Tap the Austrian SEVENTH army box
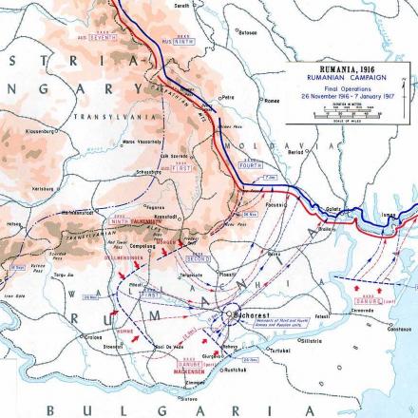103,37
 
